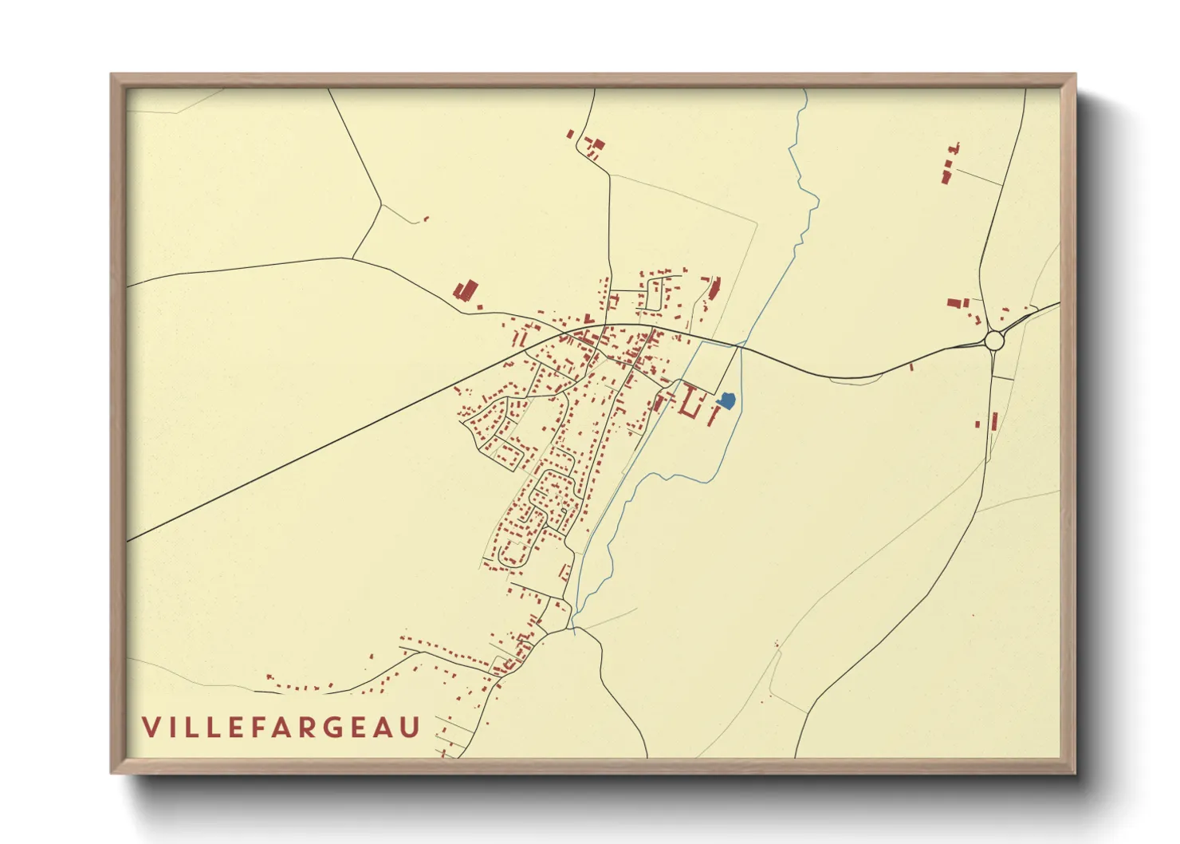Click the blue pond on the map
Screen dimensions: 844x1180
[726, 401]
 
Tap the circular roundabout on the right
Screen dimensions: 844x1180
[993, 341]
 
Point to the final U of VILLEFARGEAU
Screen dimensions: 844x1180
[411, 728]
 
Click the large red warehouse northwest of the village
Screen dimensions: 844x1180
[465, 290]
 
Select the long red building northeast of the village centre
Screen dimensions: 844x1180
[714, 288]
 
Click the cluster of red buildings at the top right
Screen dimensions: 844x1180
[949, 165]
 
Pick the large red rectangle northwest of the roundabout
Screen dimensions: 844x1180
[954, 303]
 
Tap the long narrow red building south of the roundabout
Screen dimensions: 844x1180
[994, 420]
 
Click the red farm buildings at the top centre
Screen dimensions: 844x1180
[592, 147]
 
